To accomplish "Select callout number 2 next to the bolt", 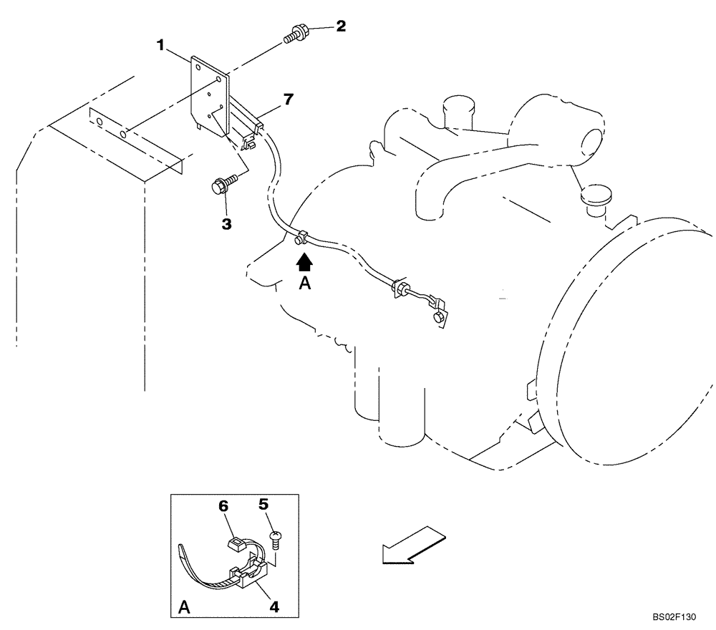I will [341, 26].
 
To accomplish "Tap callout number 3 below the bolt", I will [226, 224].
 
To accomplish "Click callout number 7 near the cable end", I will [287, 99].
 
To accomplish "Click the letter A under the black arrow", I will [305, 284].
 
